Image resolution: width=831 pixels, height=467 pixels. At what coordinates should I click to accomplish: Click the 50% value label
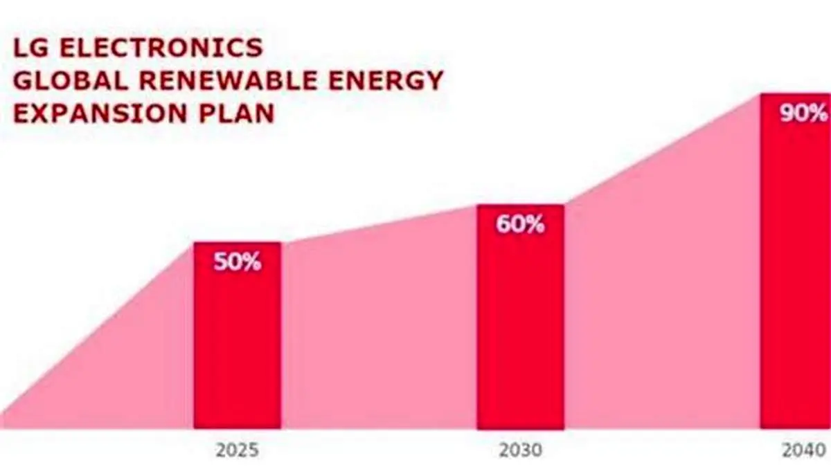click(x=237, y=262)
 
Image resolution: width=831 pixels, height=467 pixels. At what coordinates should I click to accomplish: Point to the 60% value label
click(x=520, y=225)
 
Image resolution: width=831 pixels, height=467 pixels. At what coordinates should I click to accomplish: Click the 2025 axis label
click(x=237, y=451)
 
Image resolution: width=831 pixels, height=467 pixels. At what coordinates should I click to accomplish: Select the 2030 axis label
click(x=520, y=451)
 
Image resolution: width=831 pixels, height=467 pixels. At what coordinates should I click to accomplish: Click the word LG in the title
click(x=30, y=48)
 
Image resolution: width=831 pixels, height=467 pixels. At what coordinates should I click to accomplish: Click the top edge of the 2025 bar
click(x=237, y=243)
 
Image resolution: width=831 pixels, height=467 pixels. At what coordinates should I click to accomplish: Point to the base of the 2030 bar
click(x=520, y=428)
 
